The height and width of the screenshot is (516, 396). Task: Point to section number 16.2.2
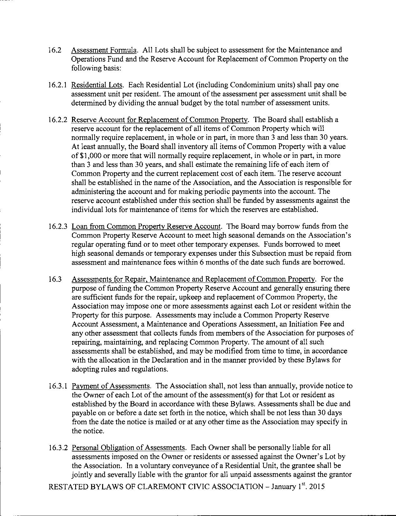point(58,120)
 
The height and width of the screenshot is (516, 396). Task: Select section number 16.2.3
point(58,226)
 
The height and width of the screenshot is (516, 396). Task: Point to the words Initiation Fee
point(315,324)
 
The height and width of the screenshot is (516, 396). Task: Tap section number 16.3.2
point(58,448)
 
